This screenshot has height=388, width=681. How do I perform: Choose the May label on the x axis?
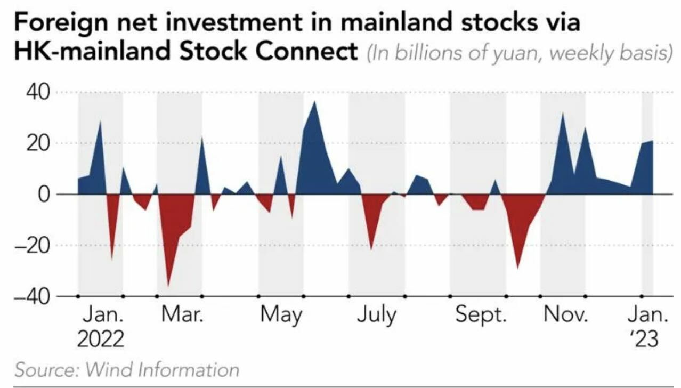tap(281, 316)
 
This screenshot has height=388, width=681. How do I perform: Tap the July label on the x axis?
tap(377, 316)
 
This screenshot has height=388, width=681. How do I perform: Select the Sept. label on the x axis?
tap(481, 316)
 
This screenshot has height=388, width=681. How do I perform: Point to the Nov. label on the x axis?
tap(566, 315)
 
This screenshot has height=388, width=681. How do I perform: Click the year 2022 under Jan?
tap(101, 339)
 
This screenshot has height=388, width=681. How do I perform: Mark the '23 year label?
tap(647, 339)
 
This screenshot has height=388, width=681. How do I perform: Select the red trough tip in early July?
tap(371, 249)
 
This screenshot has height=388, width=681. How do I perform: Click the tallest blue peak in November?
tap(562, 113)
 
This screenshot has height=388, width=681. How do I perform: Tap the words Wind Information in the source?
tap(162, 369)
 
